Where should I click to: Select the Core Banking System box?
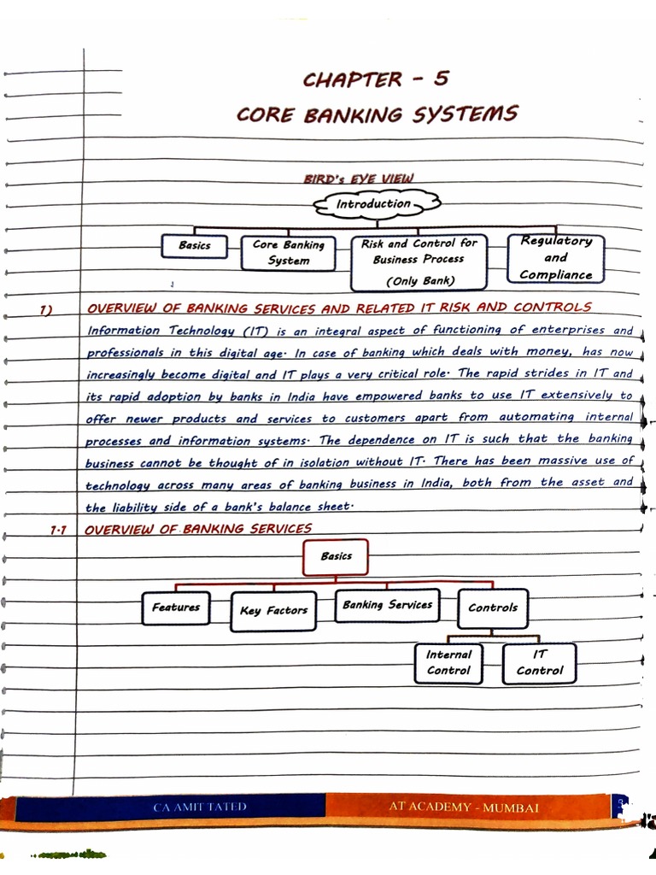pos(289,253)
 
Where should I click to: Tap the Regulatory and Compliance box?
pos(555,258)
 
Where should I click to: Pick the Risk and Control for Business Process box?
pos(419,261)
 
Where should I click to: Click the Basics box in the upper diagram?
pos(195,246)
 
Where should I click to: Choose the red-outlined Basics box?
pos(336,556)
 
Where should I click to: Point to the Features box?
pos(176,608)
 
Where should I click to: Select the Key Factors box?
pos(273,611)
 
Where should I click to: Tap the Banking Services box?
pos(387,605)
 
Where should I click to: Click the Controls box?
pos(493,608)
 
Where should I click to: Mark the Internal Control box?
pos(448,663)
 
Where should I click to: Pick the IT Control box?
pos(540,663)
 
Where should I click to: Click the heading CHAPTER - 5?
pos(375,80)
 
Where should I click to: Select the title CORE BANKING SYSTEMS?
pos(377,115)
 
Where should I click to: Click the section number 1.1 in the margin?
pos(58,530)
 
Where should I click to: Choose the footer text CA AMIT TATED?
pos(200,807)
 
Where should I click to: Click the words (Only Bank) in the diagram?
pos(420,280)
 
